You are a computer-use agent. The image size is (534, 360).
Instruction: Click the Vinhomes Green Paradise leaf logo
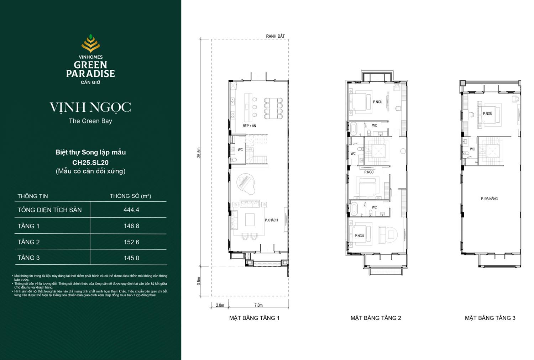(x=90, y=43)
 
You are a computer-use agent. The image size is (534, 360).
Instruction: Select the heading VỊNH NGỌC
(x=90, y=107)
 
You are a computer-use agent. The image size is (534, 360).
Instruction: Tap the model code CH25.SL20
(x=90, y=163)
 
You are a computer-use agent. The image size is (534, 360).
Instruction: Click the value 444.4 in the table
(x=131, y=210)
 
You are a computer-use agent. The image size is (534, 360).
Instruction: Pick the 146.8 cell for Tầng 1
(x=131, y=226)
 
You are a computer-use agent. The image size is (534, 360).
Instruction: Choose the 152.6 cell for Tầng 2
(x=131, y=242)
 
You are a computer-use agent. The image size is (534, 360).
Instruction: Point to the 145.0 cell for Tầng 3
(x=131, y=258)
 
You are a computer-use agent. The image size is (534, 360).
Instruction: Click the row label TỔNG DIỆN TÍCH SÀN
(x=49, y=210)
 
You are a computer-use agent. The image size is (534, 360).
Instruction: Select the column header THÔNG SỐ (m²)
(x=130, y=196)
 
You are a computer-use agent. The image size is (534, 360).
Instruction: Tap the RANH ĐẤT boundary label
(x=275, y=36)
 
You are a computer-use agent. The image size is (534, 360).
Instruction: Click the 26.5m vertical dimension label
(x=199, y=153)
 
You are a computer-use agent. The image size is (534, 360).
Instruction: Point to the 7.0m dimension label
(x=258, y=305)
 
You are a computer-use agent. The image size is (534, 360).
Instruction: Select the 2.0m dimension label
(x=220, y=305)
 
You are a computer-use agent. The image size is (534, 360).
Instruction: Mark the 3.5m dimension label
(x=199, y=281)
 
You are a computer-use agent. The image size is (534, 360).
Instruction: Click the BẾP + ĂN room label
(x=249, y=126)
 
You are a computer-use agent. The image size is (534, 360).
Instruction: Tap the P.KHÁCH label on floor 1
(x=271, y=220)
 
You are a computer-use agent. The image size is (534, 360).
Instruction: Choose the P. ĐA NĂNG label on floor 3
(x=489, y=199)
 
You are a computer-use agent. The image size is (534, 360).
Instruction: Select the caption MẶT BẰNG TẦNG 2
(x=376, y=318)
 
